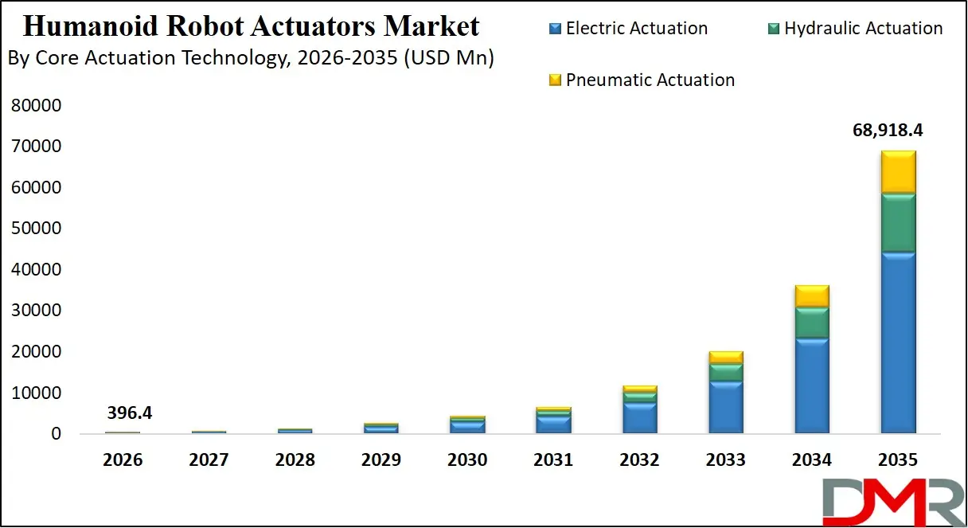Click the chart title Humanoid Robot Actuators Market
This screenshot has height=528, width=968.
coord(252,26)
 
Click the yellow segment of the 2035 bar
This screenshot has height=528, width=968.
coord(897,171)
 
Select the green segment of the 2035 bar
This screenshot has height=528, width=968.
coord(897,222)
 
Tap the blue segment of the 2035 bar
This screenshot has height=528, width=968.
coord(897,342)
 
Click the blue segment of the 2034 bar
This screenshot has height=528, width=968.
coord(811,385)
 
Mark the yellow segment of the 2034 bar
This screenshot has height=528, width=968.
coord(811,295)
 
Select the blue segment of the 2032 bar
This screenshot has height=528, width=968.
coord(639,417)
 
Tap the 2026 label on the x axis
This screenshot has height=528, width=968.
coord(123,460)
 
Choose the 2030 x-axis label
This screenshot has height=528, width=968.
coord(467,460)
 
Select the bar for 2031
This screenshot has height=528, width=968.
coord(553,420)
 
